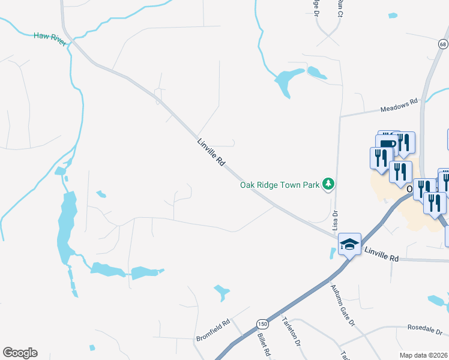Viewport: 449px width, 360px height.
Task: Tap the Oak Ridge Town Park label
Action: (280, 185)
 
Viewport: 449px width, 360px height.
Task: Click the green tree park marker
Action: (328, 184)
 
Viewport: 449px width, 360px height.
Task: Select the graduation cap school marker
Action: (349, 244)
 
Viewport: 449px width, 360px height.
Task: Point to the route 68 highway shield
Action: (443, 44)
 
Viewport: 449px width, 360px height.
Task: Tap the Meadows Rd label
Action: (399, 106)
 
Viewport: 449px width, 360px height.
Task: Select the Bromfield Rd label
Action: (213, 331)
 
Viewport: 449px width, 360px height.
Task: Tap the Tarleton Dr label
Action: (291, 333)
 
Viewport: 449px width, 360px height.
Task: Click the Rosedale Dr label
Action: (424, 330)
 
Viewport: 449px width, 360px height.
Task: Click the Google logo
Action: (20, 353)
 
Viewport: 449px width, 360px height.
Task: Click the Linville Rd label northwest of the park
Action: (211, 153)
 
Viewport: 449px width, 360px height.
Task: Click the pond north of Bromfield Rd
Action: (221, 292)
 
